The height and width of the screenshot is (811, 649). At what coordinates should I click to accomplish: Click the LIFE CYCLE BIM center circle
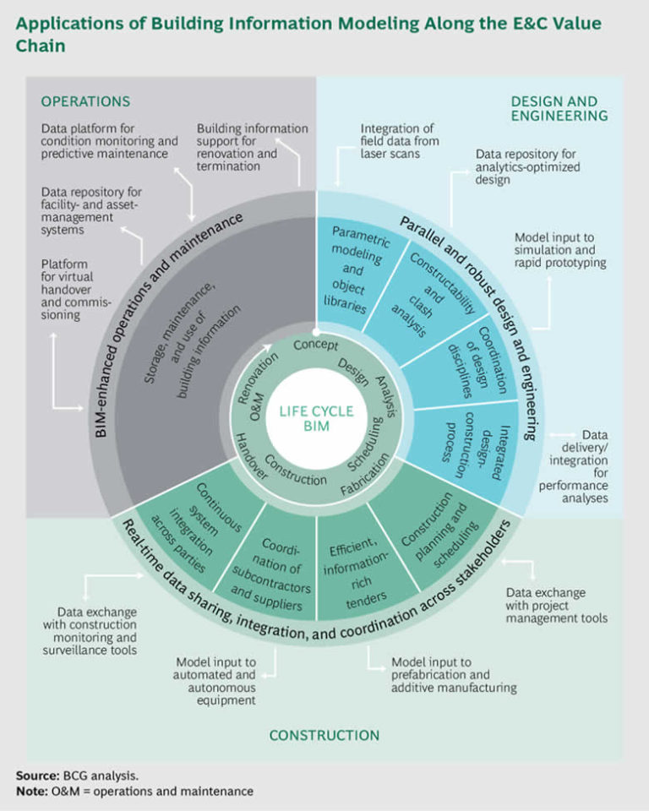point(316,416)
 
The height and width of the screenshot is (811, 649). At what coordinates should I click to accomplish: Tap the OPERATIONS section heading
point(85,101)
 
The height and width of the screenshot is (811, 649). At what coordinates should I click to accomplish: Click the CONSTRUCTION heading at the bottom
point(324,735)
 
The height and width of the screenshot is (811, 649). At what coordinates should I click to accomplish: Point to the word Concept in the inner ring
point(315,346)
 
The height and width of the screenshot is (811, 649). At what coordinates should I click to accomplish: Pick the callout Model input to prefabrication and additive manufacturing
point(452,675)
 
